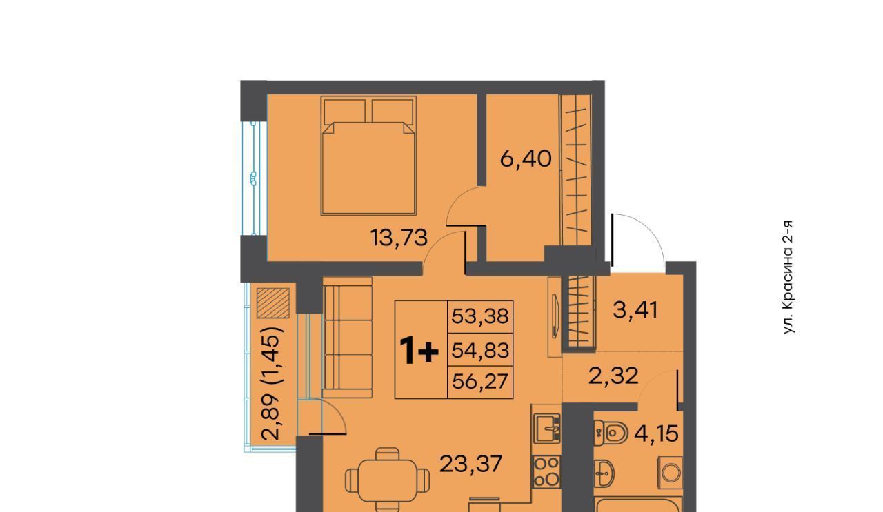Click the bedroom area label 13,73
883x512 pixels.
(399, 238)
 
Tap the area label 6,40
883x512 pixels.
(526, 159)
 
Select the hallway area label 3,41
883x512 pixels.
(635, 310)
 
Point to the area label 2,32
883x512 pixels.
(613, 376)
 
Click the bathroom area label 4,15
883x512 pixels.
(656, 433)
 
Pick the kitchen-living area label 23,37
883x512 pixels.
(470, 464)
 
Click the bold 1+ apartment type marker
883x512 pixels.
(419, 351)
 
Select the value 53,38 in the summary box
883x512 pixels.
(480, 316)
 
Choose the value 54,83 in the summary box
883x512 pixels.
(480, 350)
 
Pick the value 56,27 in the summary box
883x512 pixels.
(480, 381)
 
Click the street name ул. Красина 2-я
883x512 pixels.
(788, 277)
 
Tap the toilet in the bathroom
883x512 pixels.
(611, 433)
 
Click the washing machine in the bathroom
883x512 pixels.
(670, 473)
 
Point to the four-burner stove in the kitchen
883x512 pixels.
(546, 472)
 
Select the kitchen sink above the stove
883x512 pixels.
(547, 429)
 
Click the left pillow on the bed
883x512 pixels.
(345, 111)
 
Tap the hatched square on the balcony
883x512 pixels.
(273, 303)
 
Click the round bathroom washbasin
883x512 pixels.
(604, 473)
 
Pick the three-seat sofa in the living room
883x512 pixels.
(347, 337)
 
